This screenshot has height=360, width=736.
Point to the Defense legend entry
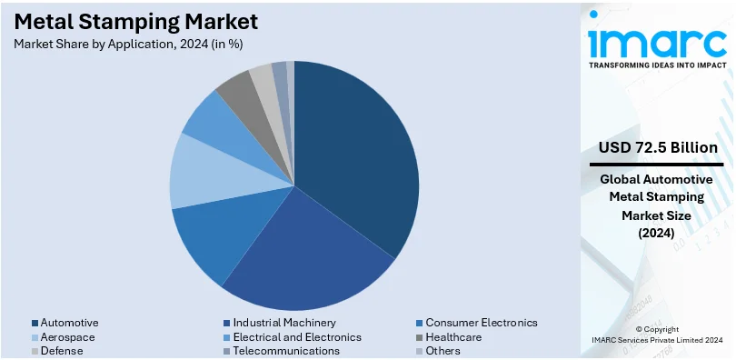point(62,351)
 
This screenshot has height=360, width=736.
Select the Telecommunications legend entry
point(286,351)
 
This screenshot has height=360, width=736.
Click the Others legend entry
point(443,351)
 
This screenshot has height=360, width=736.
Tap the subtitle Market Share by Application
point(128,43)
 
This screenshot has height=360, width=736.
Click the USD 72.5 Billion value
point(658,147)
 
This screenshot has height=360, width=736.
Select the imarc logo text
point(656,42)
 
